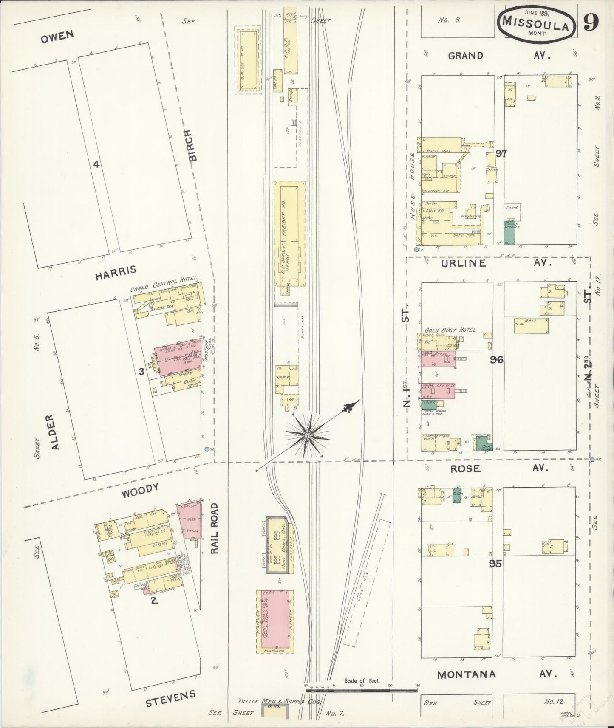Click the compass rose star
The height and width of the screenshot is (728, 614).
308,435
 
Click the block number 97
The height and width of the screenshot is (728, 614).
501,153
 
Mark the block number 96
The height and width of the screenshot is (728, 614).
496,360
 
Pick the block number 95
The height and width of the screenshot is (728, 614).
495,564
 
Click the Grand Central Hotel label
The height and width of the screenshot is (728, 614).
164,285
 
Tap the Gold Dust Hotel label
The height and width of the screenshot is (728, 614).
450,330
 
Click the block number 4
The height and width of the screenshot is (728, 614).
96,164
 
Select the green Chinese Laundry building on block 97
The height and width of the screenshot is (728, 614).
509,232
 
